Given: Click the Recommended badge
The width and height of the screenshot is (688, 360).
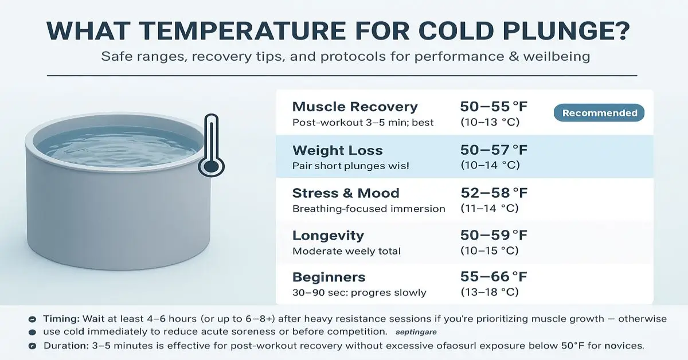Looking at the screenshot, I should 599,113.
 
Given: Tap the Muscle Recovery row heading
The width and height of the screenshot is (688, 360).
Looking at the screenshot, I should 355,107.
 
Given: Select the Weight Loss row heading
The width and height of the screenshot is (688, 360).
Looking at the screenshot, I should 337,150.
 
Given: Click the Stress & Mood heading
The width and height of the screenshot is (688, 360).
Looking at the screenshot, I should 346,193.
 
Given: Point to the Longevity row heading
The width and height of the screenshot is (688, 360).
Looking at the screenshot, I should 328,236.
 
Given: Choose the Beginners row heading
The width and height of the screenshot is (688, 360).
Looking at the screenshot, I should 329,277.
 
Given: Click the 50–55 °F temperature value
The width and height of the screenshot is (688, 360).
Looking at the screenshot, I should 494,106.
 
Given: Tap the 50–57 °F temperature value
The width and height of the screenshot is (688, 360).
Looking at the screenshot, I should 494,150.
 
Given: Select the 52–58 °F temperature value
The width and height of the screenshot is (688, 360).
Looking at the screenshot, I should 494,193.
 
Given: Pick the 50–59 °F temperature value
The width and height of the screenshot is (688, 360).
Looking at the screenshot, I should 494,236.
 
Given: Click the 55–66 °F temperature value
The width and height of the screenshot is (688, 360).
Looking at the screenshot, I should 494,277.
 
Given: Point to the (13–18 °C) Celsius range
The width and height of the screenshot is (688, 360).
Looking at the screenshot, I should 490,292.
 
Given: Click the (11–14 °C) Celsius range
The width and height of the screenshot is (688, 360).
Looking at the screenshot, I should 490,209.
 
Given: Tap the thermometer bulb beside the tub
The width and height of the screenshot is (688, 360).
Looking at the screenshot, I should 211,167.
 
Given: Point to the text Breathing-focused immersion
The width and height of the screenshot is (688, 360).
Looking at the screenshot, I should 369,209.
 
